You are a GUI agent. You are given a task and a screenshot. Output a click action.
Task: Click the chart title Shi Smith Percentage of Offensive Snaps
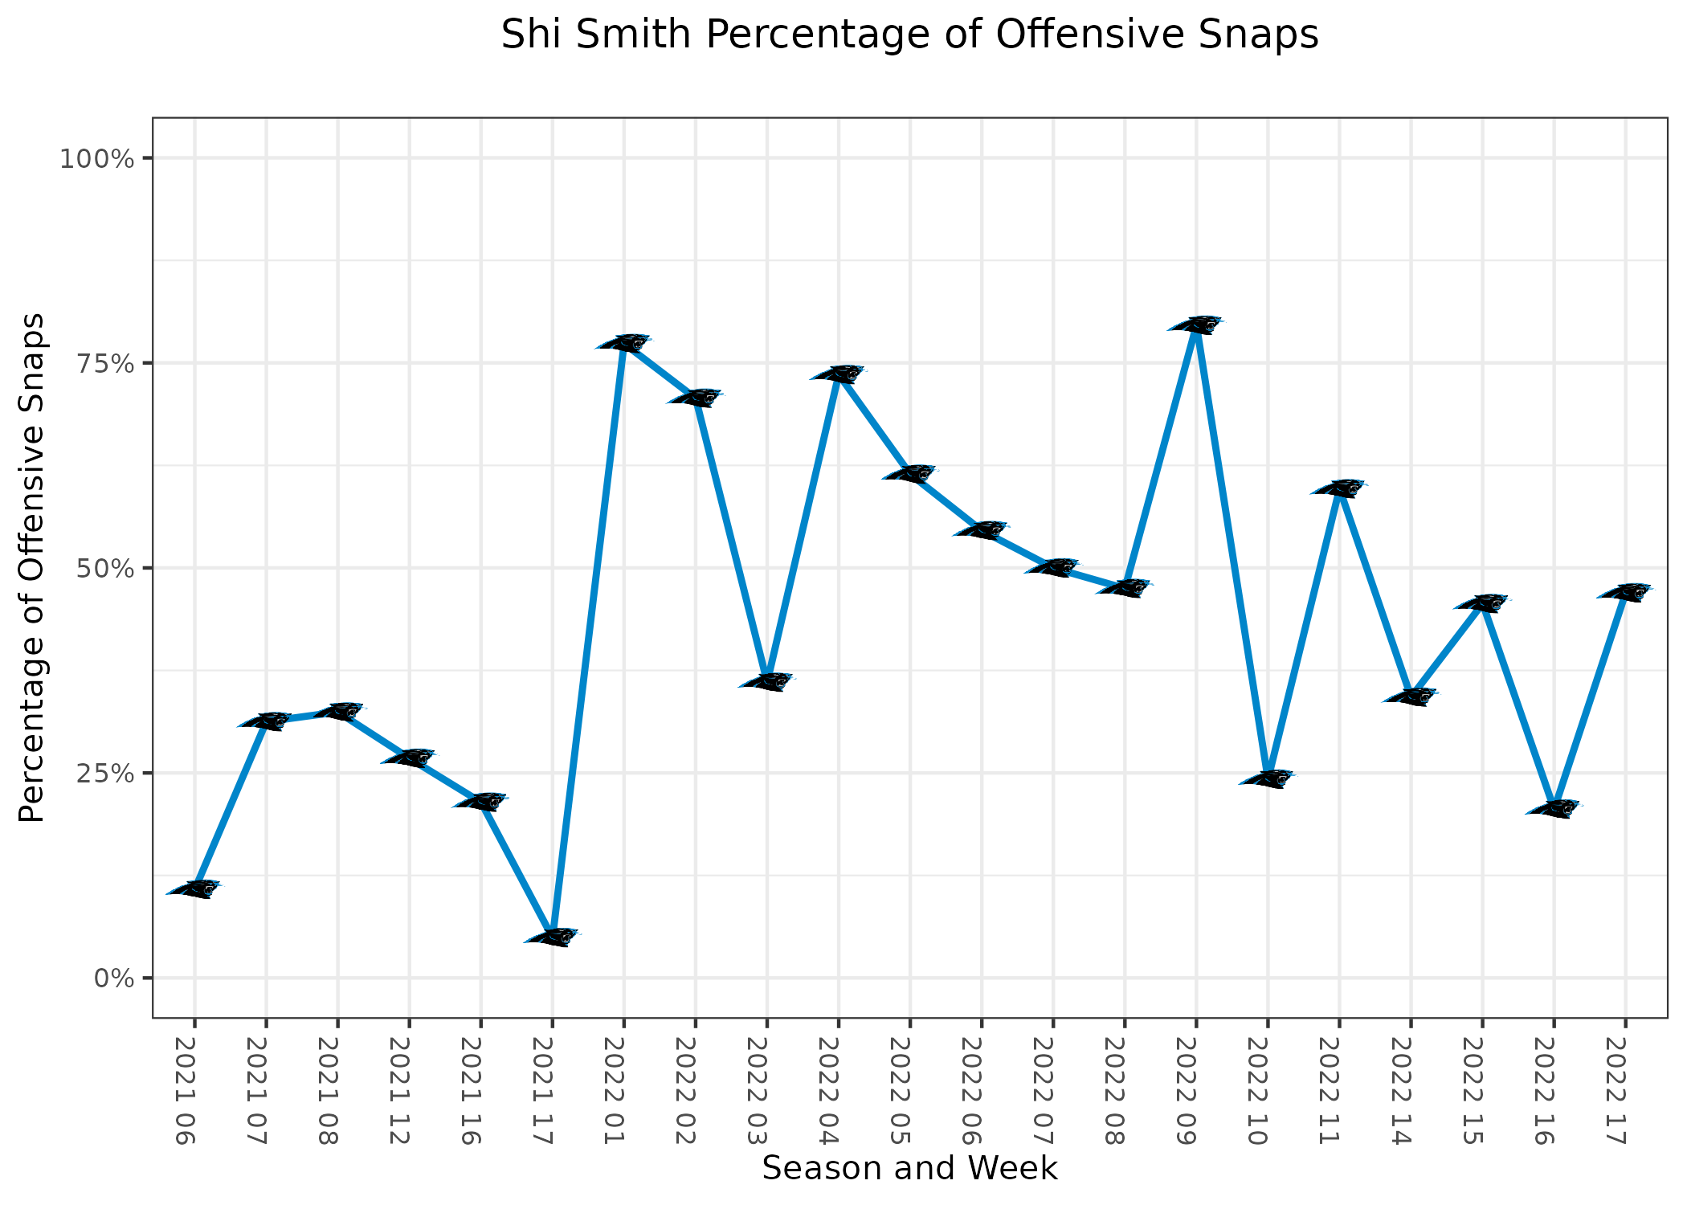click(x=909, y=35)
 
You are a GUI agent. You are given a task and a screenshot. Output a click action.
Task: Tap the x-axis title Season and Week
click(x=909, y=1168)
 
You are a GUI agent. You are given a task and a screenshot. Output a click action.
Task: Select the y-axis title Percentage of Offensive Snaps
click(x=33, y=568)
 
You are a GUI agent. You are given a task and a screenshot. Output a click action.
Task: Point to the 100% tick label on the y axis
click(x=96, y=158)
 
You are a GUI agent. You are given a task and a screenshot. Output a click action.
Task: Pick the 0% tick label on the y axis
click(x=114, y=978)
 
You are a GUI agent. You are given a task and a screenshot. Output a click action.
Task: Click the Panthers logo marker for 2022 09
click(x=1196, y=325)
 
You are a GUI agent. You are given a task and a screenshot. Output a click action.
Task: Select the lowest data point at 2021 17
click(x=552, y=937)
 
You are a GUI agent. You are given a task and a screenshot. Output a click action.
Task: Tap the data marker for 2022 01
click(x=623, y=343)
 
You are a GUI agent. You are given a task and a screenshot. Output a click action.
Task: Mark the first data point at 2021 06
click(x=194, y=888)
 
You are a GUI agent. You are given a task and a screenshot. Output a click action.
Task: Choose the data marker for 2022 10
click(x=1268, y=778)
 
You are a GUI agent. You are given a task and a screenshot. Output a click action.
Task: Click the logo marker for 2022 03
click(x=766, y=682)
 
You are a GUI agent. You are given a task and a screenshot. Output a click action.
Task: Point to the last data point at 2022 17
click(x=1625, y=592)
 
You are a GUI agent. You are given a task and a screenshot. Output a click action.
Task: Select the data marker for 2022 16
click(x=1554, y=809)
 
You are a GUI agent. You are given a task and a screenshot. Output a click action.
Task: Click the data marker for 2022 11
click(x=1339, y=488)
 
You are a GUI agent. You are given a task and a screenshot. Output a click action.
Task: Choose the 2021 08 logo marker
click(x=337, y=711)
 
